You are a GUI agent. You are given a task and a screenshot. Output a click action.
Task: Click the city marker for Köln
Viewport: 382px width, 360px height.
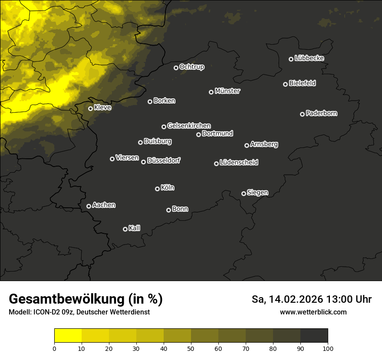[157, 189]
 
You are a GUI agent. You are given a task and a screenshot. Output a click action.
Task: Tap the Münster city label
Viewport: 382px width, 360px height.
[227, 91]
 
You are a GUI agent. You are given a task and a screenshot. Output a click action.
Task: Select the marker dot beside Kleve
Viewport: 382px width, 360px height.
[90, 108]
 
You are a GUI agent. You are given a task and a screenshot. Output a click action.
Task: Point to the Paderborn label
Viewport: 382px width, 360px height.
[321, 113]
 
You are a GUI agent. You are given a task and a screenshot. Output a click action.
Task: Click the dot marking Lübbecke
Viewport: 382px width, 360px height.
[291, 59]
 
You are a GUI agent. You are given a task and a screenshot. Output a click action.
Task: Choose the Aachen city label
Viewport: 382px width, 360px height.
[104, 205]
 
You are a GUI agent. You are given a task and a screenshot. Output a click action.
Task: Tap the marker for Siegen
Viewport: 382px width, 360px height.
[244, 193]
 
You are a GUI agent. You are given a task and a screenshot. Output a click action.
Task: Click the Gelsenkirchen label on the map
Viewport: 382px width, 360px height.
[189, 126]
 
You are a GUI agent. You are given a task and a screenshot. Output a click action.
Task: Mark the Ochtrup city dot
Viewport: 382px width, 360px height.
[176, 68]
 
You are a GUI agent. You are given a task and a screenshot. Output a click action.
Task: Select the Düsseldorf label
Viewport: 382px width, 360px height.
[164, 160]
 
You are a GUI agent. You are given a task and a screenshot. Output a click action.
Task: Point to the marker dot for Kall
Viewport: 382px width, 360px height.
[125, 229]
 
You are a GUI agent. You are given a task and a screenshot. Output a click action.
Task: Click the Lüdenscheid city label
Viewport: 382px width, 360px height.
[239, 163]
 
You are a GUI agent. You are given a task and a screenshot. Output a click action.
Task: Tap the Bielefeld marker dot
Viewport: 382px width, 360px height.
[285, 84]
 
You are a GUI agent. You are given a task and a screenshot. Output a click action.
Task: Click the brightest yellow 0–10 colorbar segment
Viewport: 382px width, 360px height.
[68, 336]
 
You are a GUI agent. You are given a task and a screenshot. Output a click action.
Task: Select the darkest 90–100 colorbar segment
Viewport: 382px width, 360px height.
[314, 336]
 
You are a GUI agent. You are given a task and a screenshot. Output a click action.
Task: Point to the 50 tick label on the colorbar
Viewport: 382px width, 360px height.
[191, 348]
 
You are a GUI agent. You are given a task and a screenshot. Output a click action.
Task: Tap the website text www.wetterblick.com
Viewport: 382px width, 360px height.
[313, 312]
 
